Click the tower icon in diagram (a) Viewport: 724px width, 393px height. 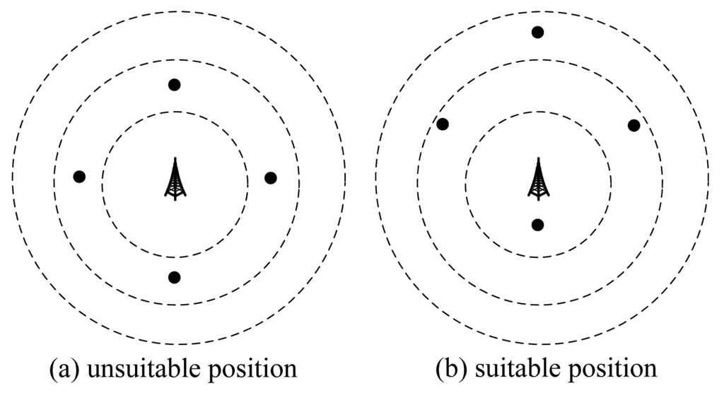(175, 180)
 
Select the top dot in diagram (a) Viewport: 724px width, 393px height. (175, 85)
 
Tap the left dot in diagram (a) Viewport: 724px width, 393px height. (79, 177)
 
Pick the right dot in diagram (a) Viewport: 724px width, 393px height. (270, 178)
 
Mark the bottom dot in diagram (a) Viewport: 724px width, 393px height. (175, 277)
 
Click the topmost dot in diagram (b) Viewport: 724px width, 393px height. (537, 32)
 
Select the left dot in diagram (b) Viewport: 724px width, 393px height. (443, 124)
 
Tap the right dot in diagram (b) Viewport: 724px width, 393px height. (633, 125)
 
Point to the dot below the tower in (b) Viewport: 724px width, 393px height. (537, 225)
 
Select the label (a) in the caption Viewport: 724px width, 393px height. (66, 369)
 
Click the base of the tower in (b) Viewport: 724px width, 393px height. (538, 198)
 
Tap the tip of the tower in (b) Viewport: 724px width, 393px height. (538, 159)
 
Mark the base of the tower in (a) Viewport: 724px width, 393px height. (175, 199)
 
